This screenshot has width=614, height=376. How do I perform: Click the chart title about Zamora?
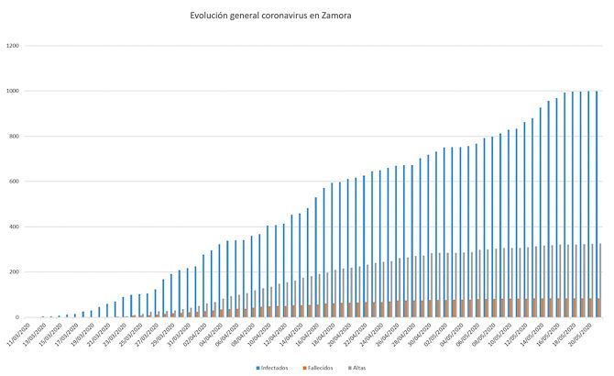pos(270,16)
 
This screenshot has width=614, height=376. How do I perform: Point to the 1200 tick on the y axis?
pos(14,46)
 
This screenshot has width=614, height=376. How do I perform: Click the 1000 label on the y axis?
pos(14,91)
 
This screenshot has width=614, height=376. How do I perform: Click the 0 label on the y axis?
pos(19,317)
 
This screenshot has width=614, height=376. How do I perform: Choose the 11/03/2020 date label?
pos(20,332)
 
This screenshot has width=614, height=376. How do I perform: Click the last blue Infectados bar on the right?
pos(597,204)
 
